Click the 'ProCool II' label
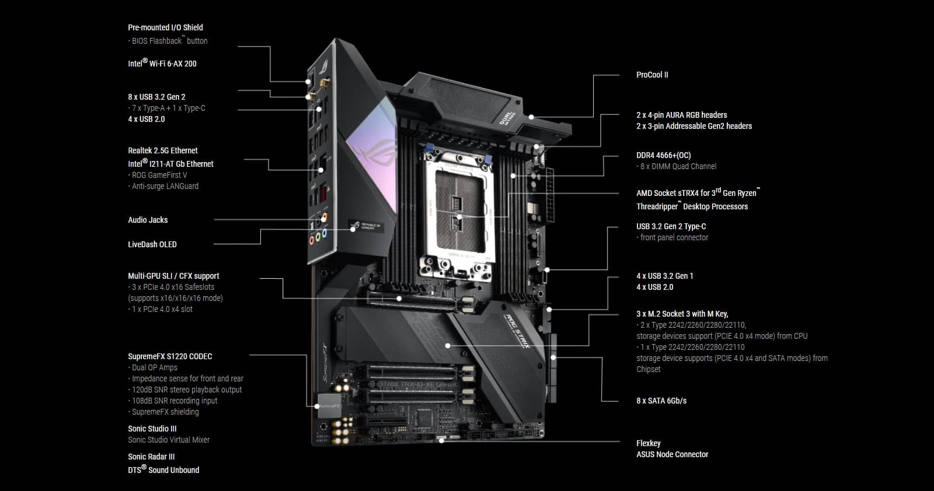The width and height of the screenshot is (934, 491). click(652, 75)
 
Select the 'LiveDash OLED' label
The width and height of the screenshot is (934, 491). click(152, 244)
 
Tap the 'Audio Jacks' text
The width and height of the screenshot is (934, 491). click(148, 220)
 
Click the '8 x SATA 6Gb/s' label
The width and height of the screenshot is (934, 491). click(661, 401)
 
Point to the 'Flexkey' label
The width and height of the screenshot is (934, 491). click(649, 443)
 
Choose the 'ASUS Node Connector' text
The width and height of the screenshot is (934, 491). click(672, 454)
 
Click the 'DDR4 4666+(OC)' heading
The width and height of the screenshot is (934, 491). click(663, 155)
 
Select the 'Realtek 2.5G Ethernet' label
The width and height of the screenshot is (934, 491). click(163, 150)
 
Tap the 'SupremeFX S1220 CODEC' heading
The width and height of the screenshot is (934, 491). click(170, 356)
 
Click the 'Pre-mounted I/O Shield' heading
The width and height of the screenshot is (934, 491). click(165, 27)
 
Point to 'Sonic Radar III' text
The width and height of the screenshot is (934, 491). click(151, 457)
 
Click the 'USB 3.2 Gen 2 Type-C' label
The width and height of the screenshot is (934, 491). click(671, 226)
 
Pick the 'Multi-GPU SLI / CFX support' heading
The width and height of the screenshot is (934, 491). click(173, 276)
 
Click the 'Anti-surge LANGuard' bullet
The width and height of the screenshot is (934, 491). click(165, 186)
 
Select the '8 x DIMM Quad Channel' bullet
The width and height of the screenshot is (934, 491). click(678, 166)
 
